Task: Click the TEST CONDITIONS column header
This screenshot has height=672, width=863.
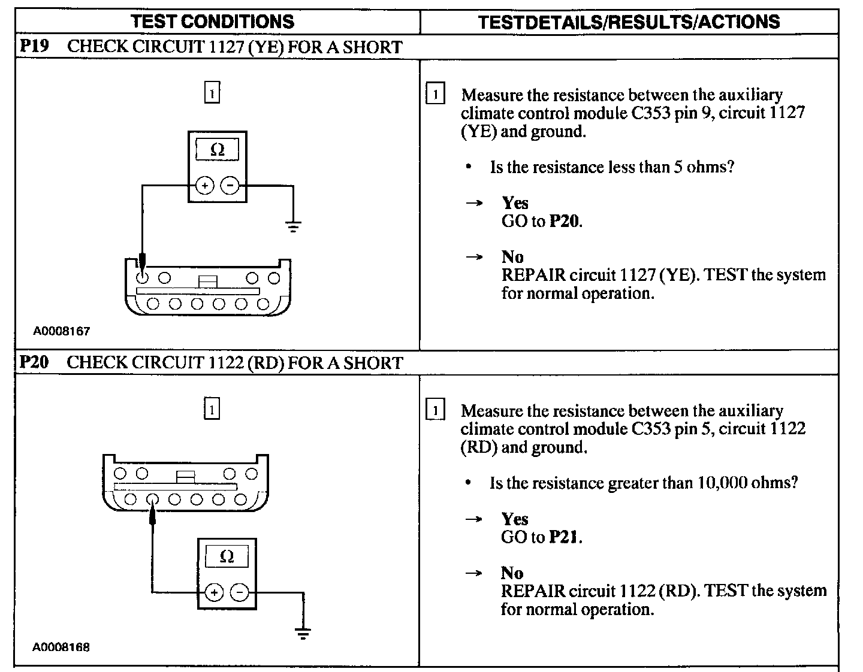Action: tap(213, 22)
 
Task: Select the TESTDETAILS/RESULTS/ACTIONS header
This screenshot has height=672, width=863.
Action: tap(629, 22)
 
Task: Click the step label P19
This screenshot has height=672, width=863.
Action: tap(34, 47)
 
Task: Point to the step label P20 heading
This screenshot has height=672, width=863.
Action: tap(34, 362)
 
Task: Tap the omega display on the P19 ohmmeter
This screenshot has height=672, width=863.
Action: tap(217, 149)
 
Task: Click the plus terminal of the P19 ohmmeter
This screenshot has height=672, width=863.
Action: tap(204, 186)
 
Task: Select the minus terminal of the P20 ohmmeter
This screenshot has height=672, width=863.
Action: tap(240, 592)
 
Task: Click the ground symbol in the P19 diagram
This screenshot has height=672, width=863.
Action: tap(293, 226)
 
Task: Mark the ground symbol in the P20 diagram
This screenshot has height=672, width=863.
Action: tap(303, 632)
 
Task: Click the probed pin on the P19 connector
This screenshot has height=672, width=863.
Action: tap(143, 278)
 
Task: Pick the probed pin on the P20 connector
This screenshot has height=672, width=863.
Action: tap(152, 499)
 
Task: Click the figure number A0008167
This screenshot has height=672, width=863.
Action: tap(61, 331)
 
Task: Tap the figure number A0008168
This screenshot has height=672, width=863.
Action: tap(61, 647)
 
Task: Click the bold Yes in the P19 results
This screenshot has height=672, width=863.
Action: tap(515, 203)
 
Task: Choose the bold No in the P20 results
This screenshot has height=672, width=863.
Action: tap(512, 573)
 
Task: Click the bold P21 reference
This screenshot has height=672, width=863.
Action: tap(565, 537)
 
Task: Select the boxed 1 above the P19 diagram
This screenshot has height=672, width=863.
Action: tap(212, 93)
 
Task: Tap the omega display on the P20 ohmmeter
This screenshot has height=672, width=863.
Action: tap(227, 556)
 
